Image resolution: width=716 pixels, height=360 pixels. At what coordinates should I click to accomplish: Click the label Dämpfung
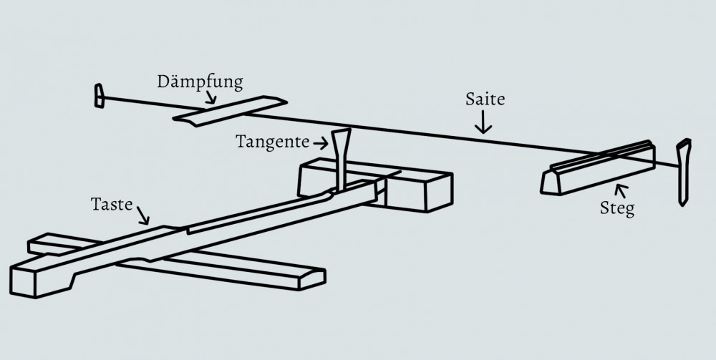[x=200, y=82]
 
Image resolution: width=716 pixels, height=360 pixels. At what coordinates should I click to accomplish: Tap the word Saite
[x=485, y=99]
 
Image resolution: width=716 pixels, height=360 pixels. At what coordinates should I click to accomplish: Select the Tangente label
[x=273, y=142]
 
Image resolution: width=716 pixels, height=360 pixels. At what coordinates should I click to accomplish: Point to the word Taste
[x=112, y=204]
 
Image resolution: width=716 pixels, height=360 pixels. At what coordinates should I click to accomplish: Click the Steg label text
[x=617, y=208]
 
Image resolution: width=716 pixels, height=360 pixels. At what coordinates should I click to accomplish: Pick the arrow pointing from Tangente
[x=321, y=144]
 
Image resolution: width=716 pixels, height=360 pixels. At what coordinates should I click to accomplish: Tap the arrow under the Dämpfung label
[x=211, y=97]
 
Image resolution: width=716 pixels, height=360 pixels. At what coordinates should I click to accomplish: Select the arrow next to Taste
[x=143, y=215]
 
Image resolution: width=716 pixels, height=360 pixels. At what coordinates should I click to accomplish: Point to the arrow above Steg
[x=621, y=191]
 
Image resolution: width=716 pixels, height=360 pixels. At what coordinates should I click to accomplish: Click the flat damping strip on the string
[x=230, y=111]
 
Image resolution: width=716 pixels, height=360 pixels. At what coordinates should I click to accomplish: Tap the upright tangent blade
[x=341, y=159]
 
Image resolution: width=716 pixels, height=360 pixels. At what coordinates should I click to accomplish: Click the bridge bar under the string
[x=598, y=168]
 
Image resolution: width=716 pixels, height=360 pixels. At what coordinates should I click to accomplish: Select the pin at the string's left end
[x=99, y=96]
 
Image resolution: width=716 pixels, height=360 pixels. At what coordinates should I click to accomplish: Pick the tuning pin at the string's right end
[x=684, y=172]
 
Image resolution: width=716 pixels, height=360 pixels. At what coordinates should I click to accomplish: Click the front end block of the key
[x=41, y=278]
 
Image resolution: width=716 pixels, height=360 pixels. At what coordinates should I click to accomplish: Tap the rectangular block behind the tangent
[x=375, y=185]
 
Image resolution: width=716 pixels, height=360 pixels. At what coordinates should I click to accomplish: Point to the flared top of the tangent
[x=342, y=134]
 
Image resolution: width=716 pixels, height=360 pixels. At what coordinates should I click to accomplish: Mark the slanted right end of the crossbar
[x=312, y=279]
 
